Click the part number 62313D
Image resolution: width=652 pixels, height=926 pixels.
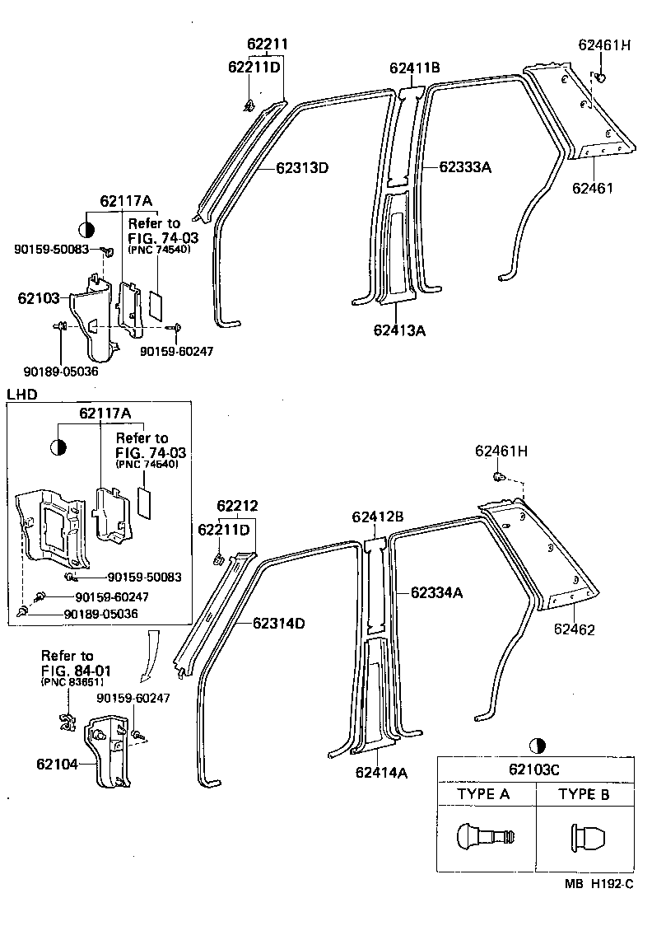[x=302, y=168]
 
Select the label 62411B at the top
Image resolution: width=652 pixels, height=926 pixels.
[x=415, y=68]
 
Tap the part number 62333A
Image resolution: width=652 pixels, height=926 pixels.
[x=465, y=167]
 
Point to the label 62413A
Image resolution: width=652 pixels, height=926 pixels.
[x=399, y=330]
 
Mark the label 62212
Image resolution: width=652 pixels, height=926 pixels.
[x=238, y=505]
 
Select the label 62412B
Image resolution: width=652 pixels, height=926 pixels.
[x=377, y=517]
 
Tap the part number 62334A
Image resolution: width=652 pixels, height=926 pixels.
[x=437, y=592]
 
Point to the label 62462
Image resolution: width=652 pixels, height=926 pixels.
[x=575, y=629]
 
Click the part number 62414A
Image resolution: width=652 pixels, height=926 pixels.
[x=382, y=772]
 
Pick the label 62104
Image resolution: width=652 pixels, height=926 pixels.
[x=56, y=764]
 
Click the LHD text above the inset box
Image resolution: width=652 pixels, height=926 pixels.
[x=22, y=395]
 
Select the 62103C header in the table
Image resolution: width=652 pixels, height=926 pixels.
[x=536, y=769]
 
